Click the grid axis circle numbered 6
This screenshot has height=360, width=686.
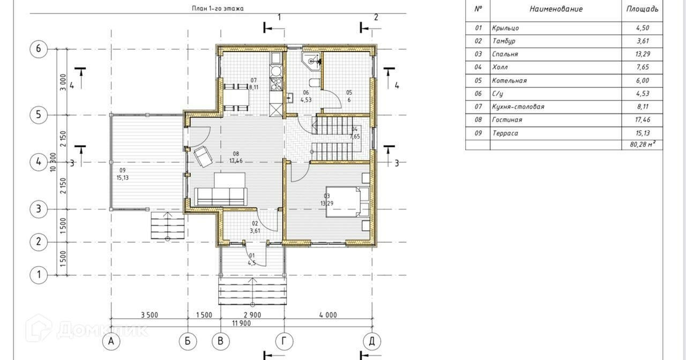tap(39, 49)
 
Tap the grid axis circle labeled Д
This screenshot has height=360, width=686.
tap(372, 341)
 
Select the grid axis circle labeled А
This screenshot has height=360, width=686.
tap(111, 341)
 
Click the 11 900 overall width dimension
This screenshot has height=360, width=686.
tap(241, 324)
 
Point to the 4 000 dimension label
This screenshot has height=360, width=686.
tap(328, 315)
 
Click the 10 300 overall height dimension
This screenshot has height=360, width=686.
tap(53, 162)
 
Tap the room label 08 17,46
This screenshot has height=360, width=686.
tap(236, 157)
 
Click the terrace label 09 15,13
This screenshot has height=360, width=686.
tap(123, 174)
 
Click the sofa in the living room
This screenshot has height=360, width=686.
tap(220, 197)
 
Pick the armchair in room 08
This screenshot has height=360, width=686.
tap(203, 156)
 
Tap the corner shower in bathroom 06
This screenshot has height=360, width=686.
tap(311, 62)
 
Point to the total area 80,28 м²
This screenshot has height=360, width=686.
tap(642, 144)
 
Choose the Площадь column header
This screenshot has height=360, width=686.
tap(642, 9)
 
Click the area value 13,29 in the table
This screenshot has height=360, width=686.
tap(643, 54)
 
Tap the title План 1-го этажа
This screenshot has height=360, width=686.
tap(218, 9)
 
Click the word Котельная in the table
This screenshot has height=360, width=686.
tap(509, 81)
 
